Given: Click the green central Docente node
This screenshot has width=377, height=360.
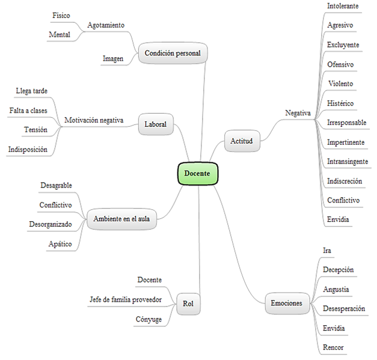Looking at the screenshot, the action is (197, 173).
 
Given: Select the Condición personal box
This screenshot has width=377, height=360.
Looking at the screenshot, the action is (173, 53).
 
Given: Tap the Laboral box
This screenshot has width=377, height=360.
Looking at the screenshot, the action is (156, 125).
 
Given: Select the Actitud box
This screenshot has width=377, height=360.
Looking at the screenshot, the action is (241, 141).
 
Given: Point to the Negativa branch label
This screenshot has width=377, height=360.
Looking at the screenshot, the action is (298, 113).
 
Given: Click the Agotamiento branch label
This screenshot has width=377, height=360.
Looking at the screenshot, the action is (106, 25).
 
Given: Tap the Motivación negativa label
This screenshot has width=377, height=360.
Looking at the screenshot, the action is (93, 120).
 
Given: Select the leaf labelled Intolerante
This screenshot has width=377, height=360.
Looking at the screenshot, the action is (343, 6).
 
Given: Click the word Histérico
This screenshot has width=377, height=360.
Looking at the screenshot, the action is (340, 103).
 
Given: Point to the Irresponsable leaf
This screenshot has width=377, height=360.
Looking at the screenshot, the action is (346, 123).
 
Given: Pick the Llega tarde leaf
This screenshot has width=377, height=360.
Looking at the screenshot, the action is (32, 91).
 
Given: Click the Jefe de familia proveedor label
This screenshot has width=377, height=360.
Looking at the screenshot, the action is (125, 299).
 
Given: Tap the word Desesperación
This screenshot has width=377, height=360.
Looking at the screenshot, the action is (344, 308).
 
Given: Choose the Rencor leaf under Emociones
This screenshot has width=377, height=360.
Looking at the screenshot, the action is (333, 347).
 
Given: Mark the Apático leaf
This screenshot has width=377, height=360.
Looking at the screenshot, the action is (60, 244).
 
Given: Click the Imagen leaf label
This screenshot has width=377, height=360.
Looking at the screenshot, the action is (113, 58).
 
